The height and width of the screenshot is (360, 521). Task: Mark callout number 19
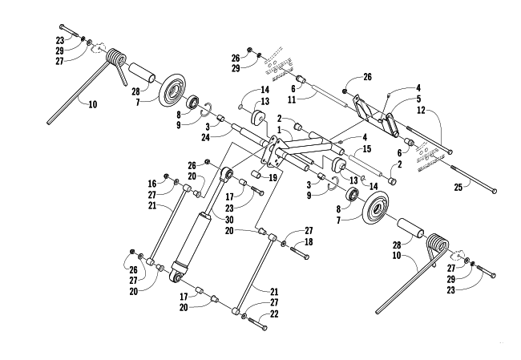[x=273, y=178]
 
